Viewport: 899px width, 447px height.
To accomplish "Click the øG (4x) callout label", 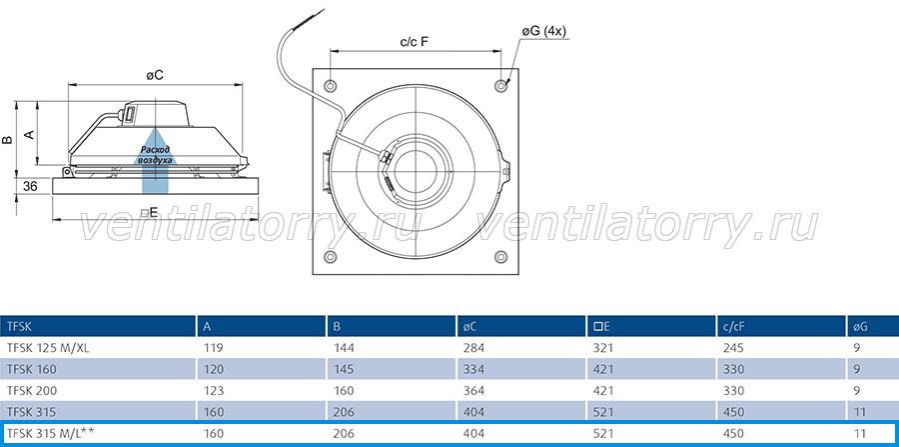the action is (543, 32).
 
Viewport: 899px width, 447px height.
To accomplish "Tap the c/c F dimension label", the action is (415, 42).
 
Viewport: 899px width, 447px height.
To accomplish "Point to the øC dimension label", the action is (155, 76).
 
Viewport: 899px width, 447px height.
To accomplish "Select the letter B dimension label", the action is (7, 140).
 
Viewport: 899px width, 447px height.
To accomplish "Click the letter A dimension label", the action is (29, 134).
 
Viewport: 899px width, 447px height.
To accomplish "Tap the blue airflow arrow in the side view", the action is (156, 161).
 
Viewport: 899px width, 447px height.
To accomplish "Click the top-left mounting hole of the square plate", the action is (331, 85).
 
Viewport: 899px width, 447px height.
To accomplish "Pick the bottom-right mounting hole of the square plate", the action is (501, 256).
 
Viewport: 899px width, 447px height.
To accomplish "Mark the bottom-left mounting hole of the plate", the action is (331, 256).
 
